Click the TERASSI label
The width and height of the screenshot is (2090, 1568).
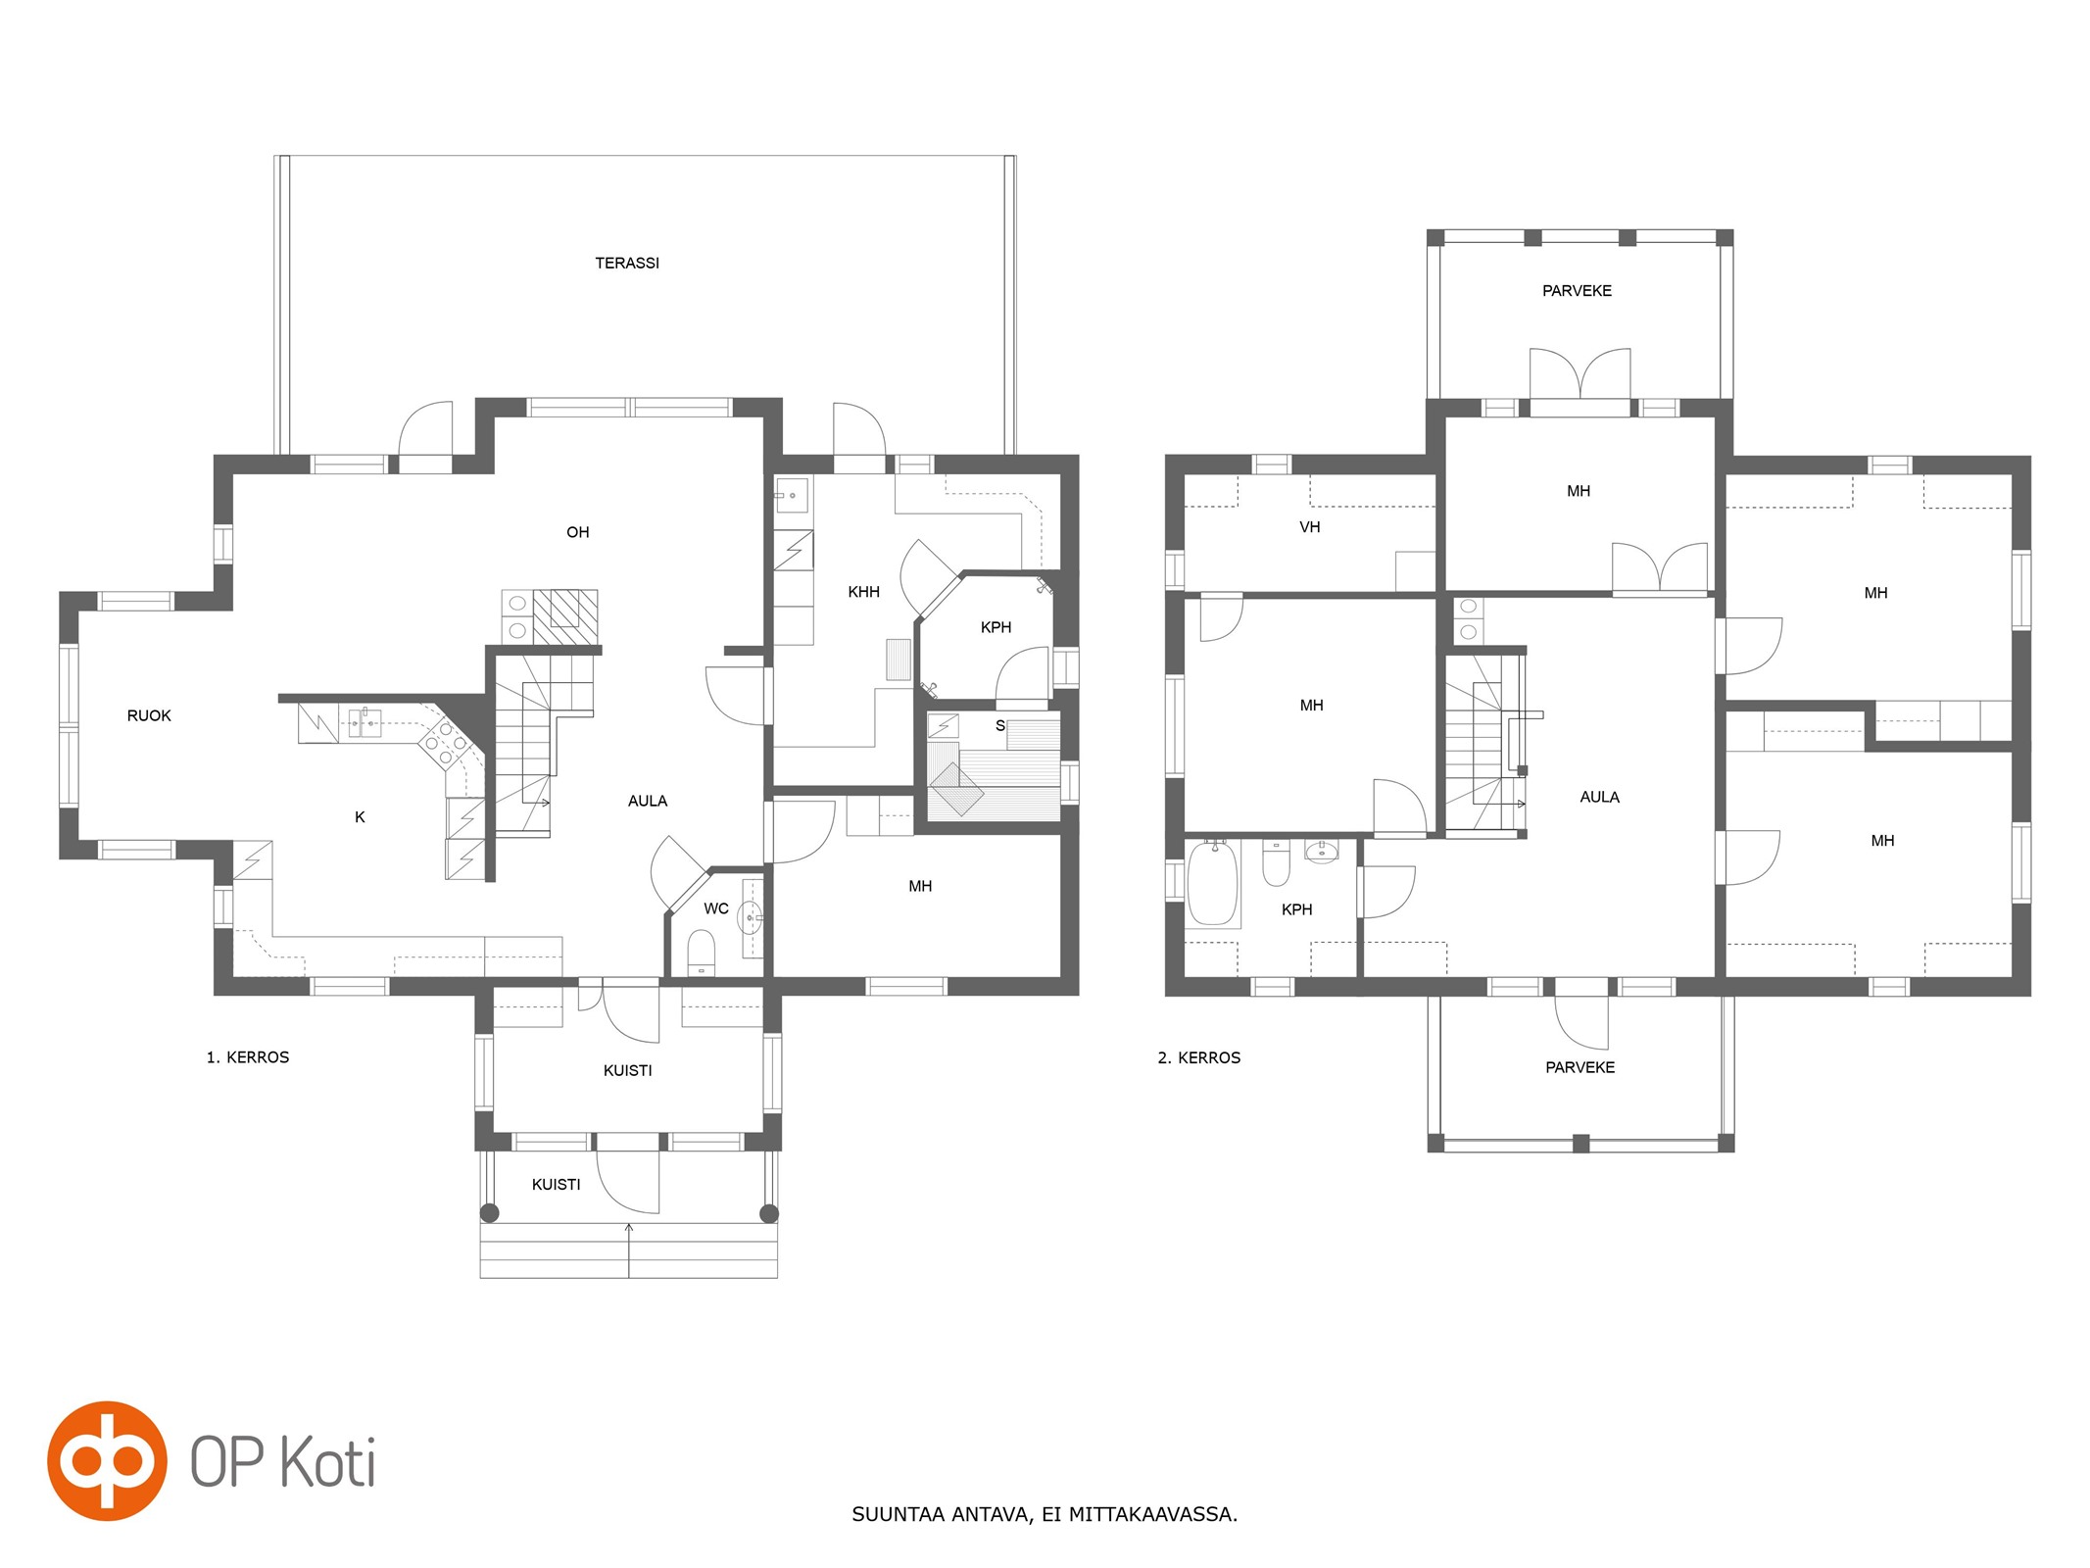pyautogui.click(x=627, y=263)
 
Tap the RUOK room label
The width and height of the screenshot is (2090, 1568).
pyautogui.click(x=149, y=715)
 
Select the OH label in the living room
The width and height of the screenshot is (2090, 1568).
pyautogui.click(x=578, y=532)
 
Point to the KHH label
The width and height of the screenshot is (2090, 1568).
pyautogui.click(x=863, y=592)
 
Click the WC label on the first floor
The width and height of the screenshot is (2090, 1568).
pyautogui.click(x=716, y=908)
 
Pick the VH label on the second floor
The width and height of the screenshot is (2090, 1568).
pyautogui.click(x=1310, y=527)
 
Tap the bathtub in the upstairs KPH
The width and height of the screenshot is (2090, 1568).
pyautogui.click(x=1213, y=883)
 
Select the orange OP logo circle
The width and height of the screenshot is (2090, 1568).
pyautogui.click(x=107, y=1460)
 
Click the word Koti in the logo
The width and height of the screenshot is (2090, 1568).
pyautogui.click(x=328, y=1463)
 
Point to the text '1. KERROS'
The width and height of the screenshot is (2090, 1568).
pyautogui.click(x=248, y=1057)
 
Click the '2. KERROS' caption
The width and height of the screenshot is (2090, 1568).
pyautogui.click(x=1199, y=1057)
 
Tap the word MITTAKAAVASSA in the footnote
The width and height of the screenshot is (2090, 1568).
pyautogui.click(x=1153, y=1514)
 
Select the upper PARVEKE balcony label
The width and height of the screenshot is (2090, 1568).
pyautogui.click(x=1577, y=291)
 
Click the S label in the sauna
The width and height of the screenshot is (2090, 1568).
pyautogui.click(x=1000, y=726)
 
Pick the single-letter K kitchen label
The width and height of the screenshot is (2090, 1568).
pyautogui.click(x=360, y=817)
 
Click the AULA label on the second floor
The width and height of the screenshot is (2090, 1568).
pyautogui.click(x=1599, y=798)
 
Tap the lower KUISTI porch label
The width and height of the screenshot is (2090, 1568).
pyautogui.click(x=556, y=1185)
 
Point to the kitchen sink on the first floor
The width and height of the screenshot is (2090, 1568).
pyautogui.click(x=365, y=723)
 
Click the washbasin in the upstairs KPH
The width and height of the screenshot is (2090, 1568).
pyautogui.click(x=1322, y=852)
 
